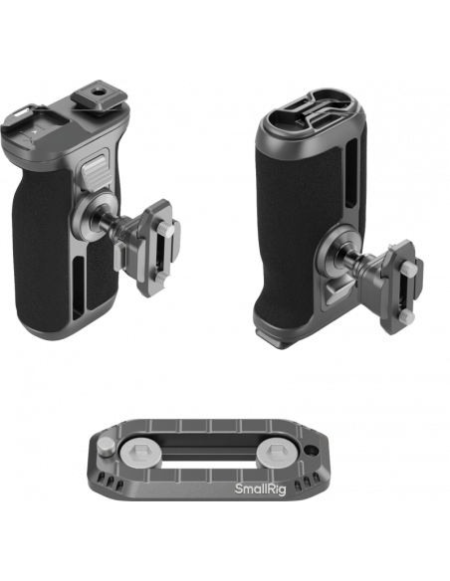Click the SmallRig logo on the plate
click(x=261, y=488)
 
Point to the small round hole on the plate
click(x=312, y=451)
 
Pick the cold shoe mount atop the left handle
click(x=101, y=96)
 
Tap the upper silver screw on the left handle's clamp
click(x=165, y=231)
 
